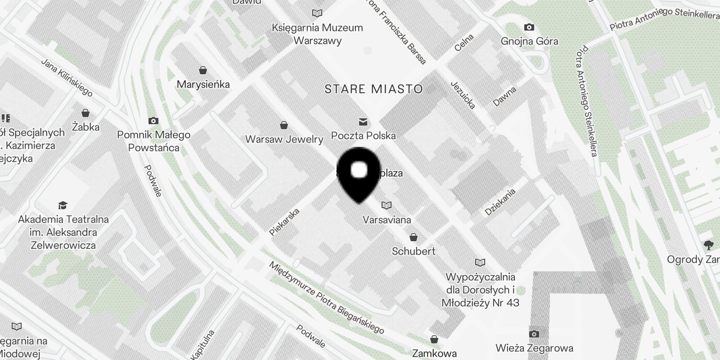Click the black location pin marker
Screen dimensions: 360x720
[x=359, y=174]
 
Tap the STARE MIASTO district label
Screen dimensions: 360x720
[x=373, y=89]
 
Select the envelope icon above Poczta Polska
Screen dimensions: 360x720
[x=363, y=122]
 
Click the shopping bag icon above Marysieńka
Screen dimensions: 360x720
[x=203, y=71]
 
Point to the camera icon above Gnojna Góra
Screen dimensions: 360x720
[x=529, y=27]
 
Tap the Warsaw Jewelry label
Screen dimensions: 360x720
[x=284, y=139]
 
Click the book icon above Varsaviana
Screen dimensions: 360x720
[x=386, y=206]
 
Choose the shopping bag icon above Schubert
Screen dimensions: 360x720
[x=413, y=237]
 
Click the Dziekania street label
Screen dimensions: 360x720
[x=500, y=202]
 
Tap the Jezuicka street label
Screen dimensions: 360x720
[x=463, y=95]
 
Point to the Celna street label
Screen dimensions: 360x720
[x=464, y=43]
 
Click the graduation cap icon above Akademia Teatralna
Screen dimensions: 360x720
[x=63, y=206]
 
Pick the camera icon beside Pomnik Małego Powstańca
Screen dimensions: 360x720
[x=153, y=121]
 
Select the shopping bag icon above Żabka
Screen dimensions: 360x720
[x=85, y=113]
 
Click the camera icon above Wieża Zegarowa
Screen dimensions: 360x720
[x=534, y=334]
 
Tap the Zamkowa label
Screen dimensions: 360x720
[x=434, y=353]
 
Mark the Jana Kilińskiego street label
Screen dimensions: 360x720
[x=67, y=77]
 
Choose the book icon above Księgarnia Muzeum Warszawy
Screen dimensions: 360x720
[x=317, y=13]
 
